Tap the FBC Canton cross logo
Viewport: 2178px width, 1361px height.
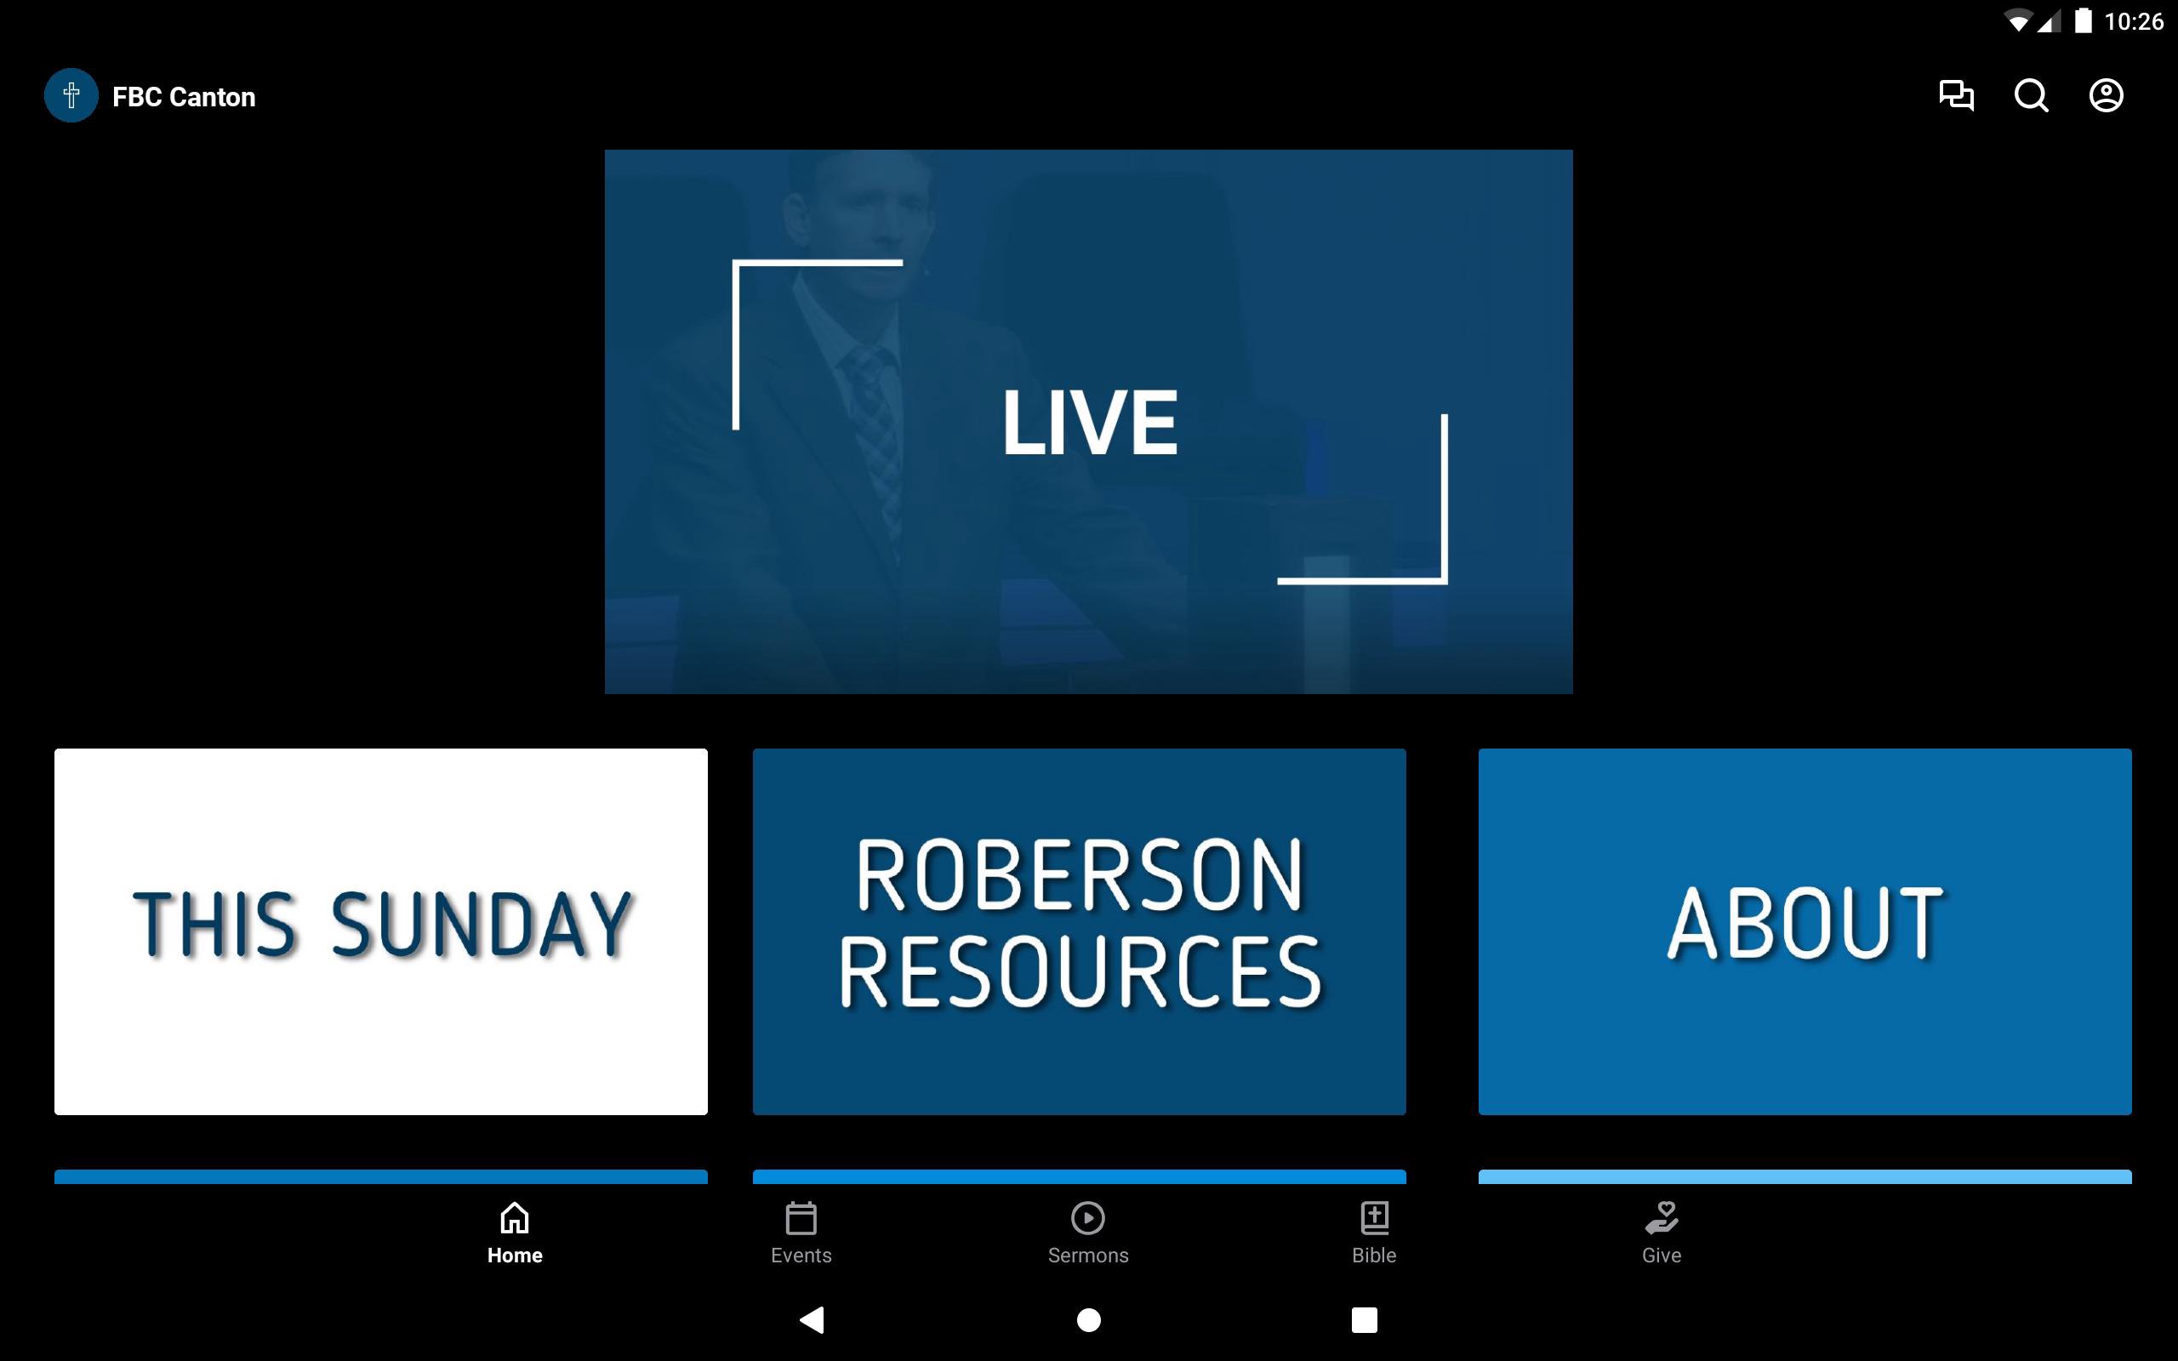coord(71,95)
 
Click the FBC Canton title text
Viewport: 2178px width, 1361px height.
coord(184,97)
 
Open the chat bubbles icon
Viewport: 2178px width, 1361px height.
coord(1956,95)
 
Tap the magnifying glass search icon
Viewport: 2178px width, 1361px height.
coord(2032,95)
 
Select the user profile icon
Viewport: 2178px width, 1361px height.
coord(2106,95)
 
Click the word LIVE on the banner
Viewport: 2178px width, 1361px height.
coord(1090,422)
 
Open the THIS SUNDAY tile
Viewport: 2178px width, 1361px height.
coord(380,931)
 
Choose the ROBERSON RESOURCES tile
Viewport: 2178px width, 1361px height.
coord(1079,931)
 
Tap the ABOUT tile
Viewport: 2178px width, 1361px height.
coord(1805,931)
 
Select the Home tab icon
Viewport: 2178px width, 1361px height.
coord(515,1218)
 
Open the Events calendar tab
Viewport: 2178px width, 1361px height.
coord(801,1233)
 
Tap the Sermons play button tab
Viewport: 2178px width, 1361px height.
coord(1088,1233)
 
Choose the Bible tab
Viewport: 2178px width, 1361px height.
coord(1374,1233)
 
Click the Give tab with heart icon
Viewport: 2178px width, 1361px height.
coord(1662,1233)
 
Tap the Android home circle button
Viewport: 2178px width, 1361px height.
coord(1089,1319)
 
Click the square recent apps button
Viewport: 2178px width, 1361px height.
coord(1365,1319)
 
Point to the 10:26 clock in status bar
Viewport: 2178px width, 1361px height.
coord(2134,21)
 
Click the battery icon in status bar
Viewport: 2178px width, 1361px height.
coord(2083,20)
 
